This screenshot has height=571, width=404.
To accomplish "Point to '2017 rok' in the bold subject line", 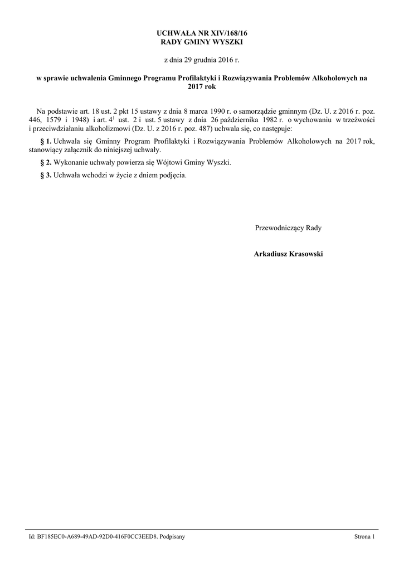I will point(202,86).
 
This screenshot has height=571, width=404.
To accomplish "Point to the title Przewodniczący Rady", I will point(288,228).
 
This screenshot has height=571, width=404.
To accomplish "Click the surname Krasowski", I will point(305,254).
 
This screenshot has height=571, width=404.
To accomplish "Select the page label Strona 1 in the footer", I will point(365,536).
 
